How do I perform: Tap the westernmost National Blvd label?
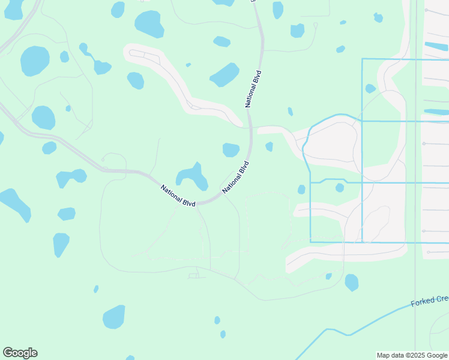click(x=178, y=196)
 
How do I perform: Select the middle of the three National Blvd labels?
click(x=236, y=177)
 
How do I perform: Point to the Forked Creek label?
click(x=430, y=299)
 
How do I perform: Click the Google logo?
click(x=20, y=353)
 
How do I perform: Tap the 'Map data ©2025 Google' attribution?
click(x=412, y=355)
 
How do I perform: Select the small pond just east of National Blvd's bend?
click(x=269, y=146)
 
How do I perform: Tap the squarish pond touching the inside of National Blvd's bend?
click(x=231, y=149)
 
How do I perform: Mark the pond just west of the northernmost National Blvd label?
click(x=224, y=75)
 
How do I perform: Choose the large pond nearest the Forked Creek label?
click(x=352, y=282)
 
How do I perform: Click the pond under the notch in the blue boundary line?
click(x=340, y=188)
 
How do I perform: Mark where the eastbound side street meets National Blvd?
click(x=252, y=128)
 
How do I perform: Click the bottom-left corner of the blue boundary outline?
click(x=310, y=242)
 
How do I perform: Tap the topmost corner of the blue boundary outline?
click(x=363, y=59)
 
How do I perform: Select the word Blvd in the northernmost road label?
click(x=258, y=80)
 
